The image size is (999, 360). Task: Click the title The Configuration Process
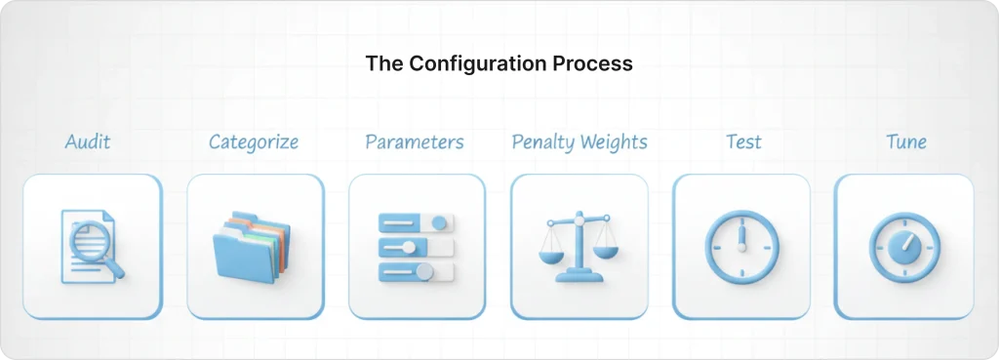(x=499, y=63)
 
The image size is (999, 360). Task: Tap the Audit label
(x=88, y=142)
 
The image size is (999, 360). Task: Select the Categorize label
(x=254, y=142)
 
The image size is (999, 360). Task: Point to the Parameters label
(x=415, y=142)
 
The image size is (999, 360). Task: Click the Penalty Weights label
(x=579, y=142)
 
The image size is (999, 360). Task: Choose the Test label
(x=743, y=142)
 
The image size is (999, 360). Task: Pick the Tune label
(x=905, y=142)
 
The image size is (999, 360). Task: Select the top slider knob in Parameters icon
(x=438, y=222)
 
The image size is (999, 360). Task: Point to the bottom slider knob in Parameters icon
(x=423, y=270)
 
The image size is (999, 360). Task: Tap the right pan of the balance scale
(x=607, y=251)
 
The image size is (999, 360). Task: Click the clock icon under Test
(x=741, y=247)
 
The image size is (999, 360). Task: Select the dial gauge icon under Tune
(x=903, y=248)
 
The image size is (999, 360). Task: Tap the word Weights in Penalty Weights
(x=612, y=142)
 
